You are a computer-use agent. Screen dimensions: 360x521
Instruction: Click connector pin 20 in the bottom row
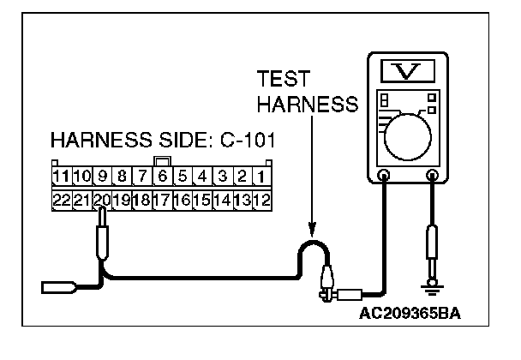coord(102,200)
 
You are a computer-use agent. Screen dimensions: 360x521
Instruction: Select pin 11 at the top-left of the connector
coord(60,178)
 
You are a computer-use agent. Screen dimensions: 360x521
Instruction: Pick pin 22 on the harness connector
coord(60,200)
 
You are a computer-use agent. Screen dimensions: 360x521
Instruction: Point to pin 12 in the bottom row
coord(262,200)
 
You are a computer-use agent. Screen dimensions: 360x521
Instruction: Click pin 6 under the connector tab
coord(161,178)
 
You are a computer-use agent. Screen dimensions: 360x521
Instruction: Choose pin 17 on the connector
coord(161,200)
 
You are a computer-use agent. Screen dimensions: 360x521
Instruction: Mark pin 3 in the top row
coord(222,178)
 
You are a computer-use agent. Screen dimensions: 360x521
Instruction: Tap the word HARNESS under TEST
coord(306,104)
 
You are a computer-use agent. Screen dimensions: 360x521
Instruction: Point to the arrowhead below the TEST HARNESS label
coord(312,230)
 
